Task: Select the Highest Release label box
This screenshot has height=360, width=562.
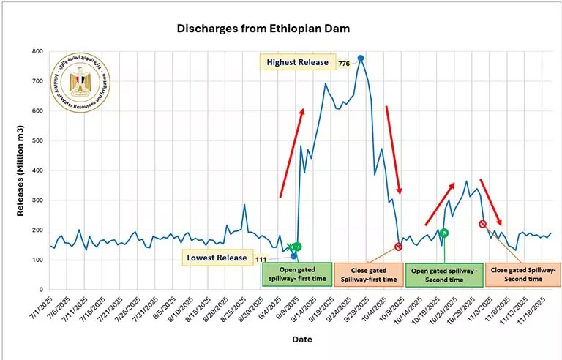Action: (x=297, y=62)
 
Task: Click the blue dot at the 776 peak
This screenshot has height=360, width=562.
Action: (x=361, y=58)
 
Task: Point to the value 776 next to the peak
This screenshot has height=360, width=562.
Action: (x=344, y=64)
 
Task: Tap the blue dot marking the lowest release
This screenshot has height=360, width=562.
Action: (x=293, y=255)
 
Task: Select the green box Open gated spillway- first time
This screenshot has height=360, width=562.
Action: (x=295, y=274)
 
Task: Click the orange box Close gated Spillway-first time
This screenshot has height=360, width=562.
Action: (x=367, y=274)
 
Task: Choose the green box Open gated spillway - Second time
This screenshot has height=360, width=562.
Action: (x=443, y=274)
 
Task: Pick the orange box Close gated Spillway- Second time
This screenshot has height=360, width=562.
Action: (x=522, y=274)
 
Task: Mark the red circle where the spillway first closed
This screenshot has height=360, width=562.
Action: (x=398, y=247)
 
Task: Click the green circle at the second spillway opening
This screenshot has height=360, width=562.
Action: (x=443, y=233)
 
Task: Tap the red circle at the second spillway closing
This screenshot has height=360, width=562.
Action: (x=482, y=224)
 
